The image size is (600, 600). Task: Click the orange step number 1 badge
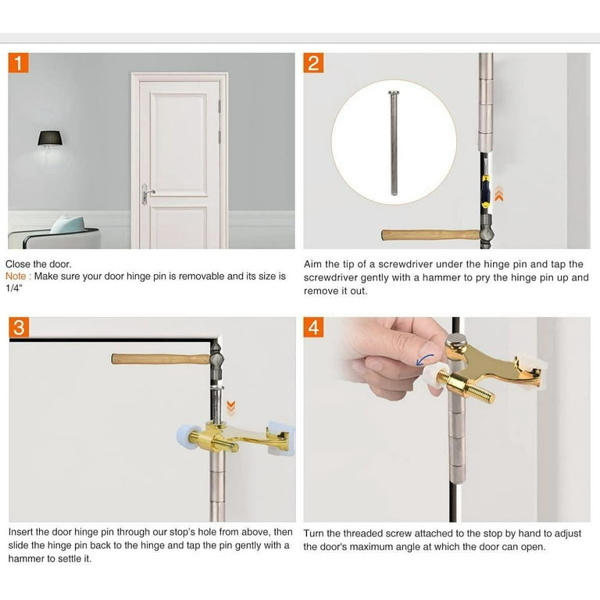pos(19,62)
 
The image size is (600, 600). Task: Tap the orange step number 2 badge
pos(314,62)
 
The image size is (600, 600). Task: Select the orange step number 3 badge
pos(19,327)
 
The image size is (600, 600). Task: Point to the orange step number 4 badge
pos(314,327)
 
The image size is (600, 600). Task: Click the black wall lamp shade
pos(49,138)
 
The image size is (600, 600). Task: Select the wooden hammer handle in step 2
pos(426,234)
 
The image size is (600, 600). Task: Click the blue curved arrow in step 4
pos(426,359)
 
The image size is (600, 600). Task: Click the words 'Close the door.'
pos(38,264)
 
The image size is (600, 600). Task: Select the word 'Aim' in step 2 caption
pos(314,264)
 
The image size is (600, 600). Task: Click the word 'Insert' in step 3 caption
pos(23,532)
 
